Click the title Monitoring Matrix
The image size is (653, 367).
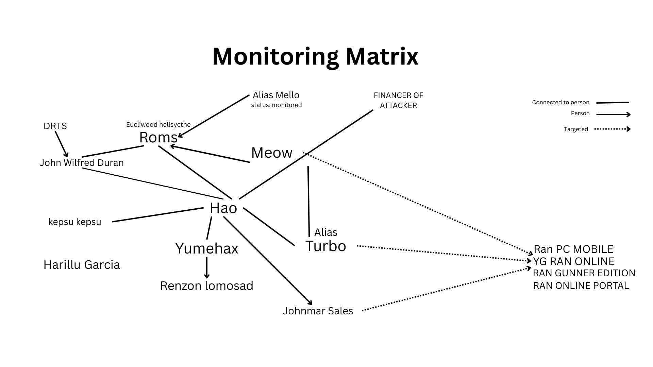point(315,56)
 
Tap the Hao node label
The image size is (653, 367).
point(223,208)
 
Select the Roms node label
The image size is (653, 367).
point(158,138)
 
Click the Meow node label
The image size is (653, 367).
point(272,153)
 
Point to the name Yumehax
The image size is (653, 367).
point(207,248)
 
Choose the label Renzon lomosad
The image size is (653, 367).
point(207,286)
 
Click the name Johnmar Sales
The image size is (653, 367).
point(318,311)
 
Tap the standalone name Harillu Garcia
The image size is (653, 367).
point(82,265)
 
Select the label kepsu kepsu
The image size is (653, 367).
point(75,222)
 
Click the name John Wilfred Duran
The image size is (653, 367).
point(82,162)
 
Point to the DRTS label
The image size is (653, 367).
point(55,126)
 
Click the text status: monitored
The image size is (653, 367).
point(276,105)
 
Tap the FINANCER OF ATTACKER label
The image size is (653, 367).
point(398,100)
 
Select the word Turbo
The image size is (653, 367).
point(325,246)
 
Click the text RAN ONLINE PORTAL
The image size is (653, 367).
point(581,286)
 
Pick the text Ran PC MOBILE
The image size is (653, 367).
point(573,249)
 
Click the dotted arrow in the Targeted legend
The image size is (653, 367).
point(612,129)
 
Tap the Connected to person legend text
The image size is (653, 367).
point(560,102)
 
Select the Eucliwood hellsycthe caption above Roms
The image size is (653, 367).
point(158,125)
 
